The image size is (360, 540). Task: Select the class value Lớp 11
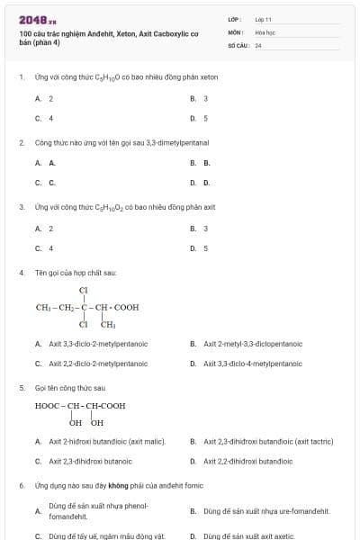[263, 19]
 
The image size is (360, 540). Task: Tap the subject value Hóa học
[265, 31]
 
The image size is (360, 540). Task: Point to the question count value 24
[258, 45]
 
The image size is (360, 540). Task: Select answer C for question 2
[45, 183]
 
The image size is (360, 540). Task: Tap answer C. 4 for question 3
[45, 247]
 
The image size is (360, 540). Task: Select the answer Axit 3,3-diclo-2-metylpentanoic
[98, 344]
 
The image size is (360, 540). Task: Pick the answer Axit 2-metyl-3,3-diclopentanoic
[252, 344]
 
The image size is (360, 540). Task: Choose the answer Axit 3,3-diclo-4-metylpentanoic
[252, 364]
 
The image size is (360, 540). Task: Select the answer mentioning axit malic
[107, 441]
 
